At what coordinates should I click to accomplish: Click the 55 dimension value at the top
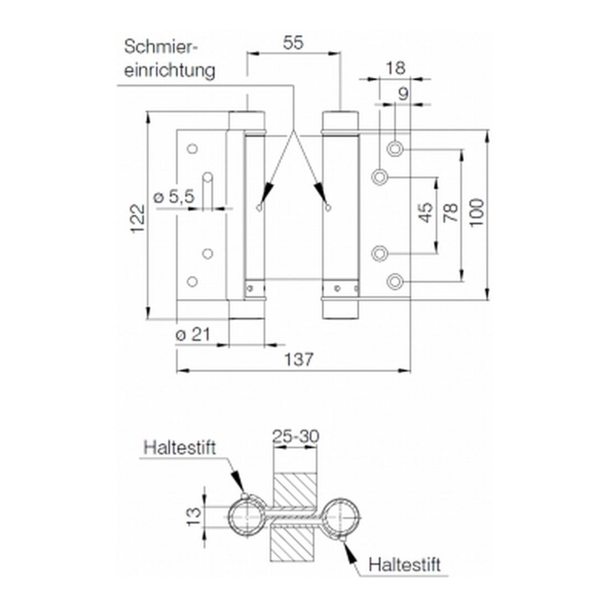pyautogui.click(x=293, y=43)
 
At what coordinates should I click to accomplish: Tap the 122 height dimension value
pyautogui.click(x=138, y=219)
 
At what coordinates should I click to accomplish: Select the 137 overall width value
pyautogui.click(x=298, y=360)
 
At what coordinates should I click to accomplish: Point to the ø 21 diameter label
pyautogui.click(x=193, y=334)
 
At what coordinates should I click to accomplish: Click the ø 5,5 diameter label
pyautogui.click(x=174, y=197)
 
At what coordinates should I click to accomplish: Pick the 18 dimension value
pyautogui.click(x=395, y=68)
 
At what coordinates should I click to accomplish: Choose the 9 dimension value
pyautogui.click(x=404, y=94)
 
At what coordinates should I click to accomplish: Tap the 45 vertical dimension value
pyautogui.click(x=426, y=213)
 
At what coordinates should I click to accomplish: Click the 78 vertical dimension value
pyautogui.click(x=451, y=213)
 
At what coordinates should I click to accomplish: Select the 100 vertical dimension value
pyautogui.click(x=477, y=213)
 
